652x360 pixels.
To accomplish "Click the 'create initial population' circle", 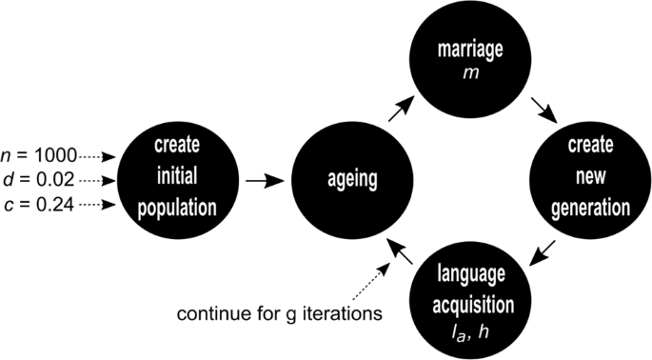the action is coord(175,178).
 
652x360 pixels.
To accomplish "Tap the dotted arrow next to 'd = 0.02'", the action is coord(100,178).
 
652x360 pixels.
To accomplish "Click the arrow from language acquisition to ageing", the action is coord(402,250).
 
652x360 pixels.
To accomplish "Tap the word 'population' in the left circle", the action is coord(175,203).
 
